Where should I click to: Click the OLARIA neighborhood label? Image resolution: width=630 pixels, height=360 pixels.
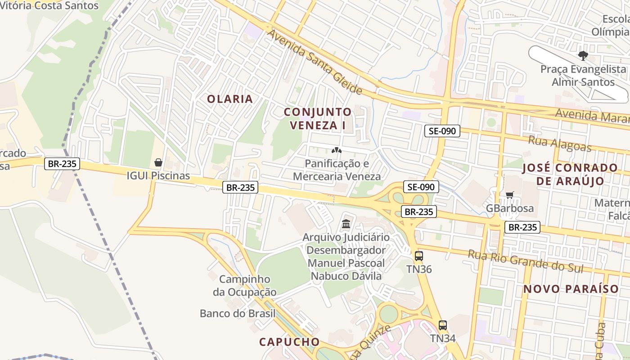point(229,99)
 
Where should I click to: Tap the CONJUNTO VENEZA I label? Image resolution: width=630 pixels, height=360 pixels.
point(318,118)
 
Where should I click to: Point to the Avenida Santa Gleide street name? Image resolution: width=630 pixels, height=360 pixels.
point(315,62)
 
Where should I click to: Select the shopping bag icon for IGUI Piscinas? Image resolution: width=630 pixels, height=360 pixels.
point(158,162)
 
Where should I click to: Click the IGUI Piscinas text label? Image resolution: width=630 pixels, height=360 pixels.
point(158,175)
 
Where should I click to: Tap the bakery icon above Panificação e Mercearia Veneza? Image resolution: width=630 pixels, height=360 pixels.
point(337,150)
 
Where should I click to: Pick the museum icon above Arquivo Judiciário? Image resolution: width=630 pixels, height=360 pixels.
point(346,224)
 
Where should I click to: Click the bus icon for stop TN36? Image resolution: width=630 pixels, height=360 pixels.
point(419,256)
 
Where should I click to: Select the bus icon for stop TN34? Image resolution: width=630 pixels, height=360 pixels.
point(443,325)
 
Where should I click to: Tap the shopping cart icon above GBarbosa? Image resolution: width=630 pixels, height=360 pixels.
point(509,195)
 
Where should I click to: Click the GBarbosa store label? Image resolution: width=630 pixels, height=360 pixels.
point(510,208)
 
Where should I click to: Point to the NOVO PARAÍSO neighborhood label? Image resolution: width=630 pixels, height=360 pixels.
point(571,289)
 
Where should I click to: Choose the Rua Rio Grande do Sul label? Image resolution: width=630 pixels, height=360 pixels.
point(526,261)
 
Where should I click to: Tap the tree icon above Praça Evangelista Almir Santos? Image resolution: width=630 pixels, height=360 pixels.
point(583,56)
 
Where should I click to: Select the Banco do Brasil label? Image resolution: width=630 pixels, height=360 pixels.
point(238,313)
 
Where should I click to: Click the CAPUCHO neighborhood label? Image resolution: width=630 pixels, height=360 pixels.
point(289,342)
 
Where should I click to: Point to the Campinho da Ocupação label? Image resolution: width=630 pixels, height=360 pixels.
point(245,285)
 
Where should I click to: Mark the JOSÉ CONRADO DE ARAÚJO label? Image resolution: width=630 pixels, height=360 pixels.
point(570,174)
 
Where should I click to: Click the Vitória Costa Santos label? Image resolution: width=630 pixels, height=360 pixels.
point(49,5)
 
